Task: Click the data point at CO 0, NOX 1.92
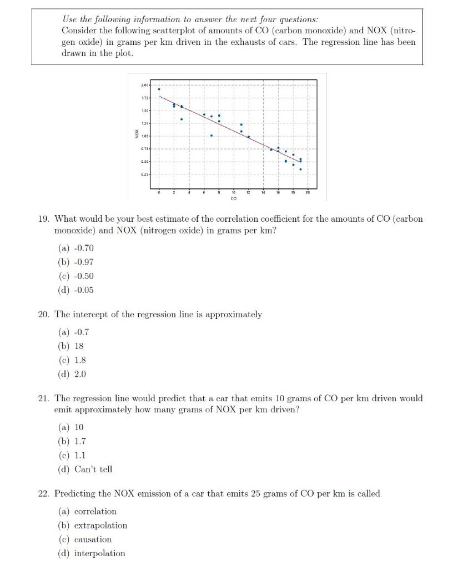coord(159,89)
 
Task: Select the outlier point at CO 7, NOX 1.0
coord(212,135)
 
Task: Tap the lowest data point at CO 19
coord(300,169)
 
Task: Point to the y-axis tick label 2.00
coord(146,86)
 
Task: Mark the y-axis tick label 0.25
coord(146,174)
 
